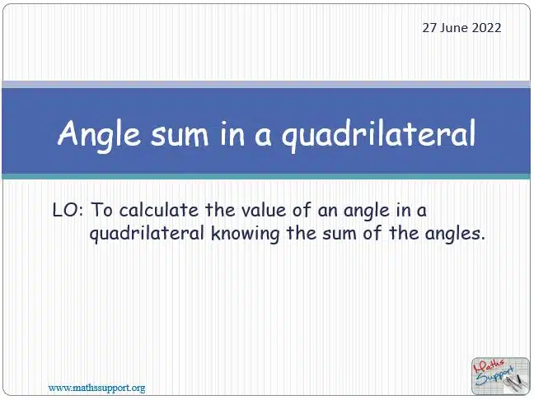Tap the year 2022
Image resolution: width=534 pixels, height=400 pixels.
(x=486, y=28)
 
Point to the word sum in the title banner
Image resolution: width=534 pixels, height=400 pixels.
(x=180, y=136)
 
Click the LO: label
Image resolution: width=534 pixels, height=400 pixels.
(x=68, y=210)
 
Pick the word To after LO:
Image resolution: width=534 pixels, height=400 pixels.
(x=101, y=210)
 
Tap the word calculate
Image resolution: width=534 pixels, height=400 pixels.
(x=159, y=210)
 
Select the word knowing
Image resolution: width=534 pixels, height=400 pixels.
(x=245, y=235)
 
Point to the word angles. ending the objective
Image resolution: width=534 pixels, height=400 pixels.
(x=455, y=235)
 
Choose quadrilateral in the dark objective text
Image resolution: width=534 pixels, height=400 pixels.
(x=147, y=234)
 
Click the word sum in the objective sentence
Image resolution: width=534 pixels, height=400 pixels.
(x=339, y=234)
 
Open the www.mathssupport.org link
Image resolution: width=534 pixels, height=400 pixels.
(x=96, y=388)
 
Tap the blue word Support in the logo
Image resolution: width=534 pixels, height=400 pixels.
(x=494, y=377)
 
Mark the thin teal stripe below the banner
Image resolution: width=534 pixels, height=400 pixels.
(x=266, y=176)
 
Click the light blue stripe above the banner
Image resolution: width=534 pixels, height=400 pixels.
(x=266, y=84)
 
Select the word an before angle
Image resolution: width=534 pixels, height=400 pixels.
(x=327, y=211)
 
